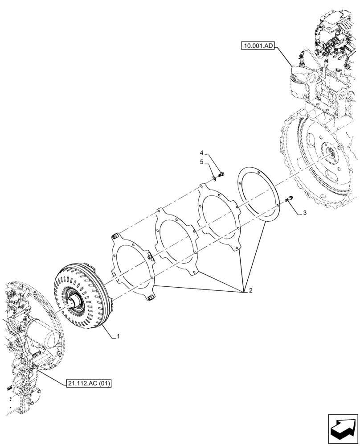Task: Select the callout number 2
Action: [250, 291]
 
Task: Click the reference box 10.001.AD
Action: [258, 45]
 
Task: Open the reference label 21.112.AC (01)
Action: [89, 383]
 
